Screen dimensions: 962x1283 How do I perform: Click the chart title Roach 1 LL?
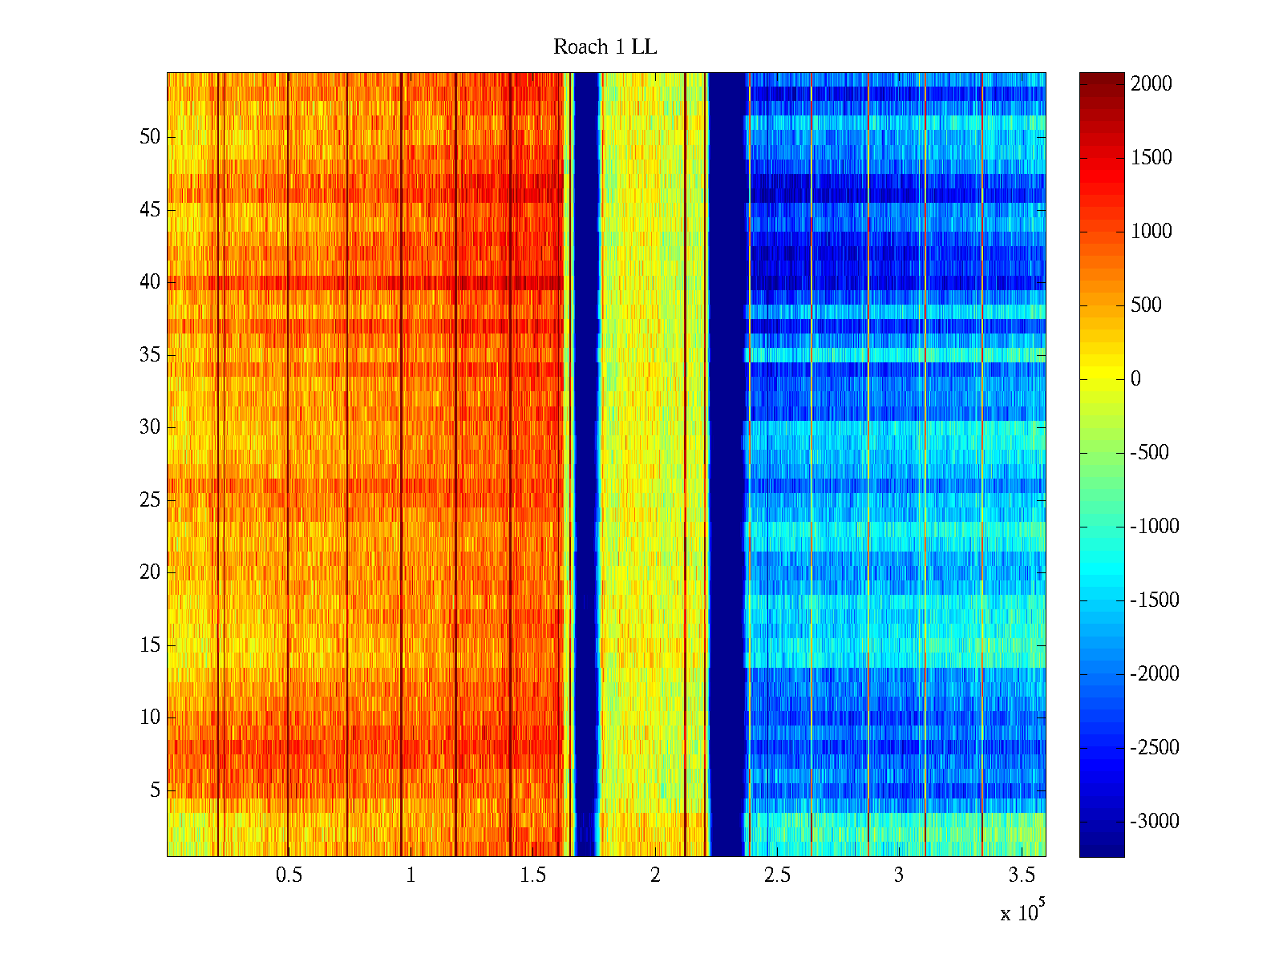click(605, 47)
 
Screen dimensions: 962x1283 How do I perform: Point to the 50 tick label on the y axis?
click(150, 137)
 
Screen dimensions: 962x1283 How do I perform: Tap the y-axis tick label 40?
click(150, 282)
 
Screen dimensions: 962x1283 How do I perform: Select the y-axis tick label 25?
click(150, 500)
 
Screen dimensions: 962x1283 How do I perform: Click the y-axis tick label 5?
click(155, 790)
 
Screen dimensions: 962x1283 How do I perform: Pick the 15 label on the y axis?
click(150, 645)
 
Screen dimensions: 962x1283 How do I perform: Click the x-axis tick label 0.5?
click(289, 875)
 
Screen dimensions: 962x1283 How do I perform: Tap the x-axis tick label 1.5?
click(532, 875)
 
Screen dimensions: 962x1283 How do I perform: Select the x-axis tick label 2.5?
click(776, 875)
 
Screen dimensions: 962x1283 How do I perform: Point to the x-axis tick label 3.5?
click(1021, 875)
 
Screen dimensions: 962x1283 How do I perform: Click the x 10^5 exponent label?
click(1022, 911)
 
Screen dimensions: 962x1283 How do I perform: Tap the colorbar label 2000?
click(1151, 84)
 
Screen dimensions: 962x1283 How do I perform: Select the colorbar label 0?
click(1135, 379)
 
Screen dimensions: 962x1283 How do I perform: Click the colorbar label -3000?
click(1155, 822)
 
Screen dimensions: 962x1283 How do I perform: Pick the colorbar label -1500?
click(1155, 600)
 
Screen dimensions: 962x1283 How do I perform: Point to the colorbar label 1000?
click(1151, 232)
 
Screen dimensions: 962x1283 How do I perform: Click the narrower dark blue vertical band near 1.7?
click(587, 465)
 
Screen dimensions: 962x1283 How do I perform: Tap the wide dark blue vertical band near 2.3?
click(727, 465)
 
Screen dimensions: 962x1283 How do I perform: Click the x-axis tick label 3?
click(899, 875)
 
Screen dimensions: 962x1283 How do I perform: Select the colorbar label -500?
click(1149, 453)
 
